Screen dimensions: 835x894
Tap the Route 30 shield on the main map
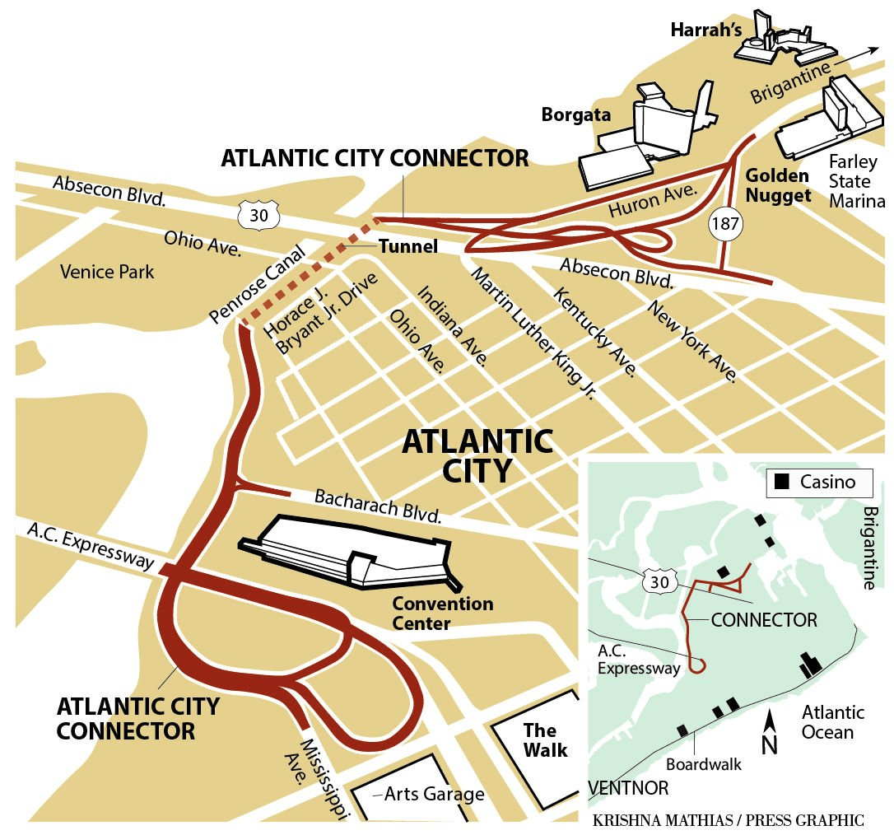253,216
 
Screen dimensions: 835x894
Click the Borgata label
575,115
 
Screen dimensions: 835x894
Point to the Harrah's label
705,30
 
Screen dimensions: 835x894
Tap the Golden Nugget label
778,185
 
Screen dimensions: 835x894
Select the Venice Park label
107,271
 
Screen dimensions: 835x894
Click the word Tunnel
407,246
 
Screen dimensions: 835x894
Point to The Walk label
545,740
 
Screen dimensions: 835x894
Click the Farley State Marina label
857,181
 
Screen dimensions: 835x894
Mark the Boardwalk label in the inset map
704,764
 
